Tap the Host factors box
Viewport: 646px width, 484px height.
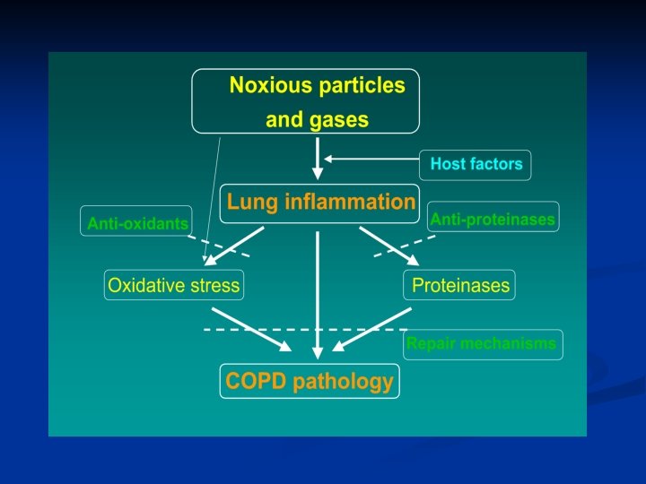[476, 164]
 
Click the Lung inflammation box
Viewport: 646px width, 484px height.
[320, 202]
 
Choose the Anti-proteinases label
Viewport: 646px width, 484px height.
[493, 219]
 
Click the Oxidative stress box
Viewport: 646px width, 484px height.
[174, 286]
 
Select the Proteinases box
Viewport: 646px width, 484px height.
[460, 286]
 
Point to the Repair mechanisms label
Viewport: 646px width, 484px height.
[482, 343]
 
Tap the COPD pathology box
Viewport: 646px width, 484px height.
[310, 381]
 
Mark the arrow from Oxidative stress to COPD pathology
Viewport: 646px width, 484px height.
[251, 330]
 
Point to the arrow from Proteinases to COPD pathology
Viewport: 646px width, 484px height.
[372, 330]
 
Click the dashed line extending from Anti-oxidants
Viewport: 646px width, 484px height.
[218, 246]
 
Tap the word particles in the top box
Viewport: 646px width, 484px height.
[358, 86]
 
